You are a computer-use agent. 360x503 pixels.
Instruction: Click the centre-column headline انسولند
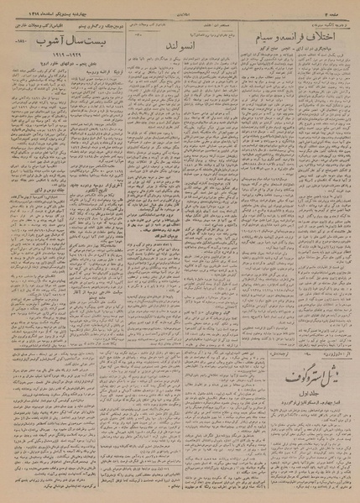point(180,42)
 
